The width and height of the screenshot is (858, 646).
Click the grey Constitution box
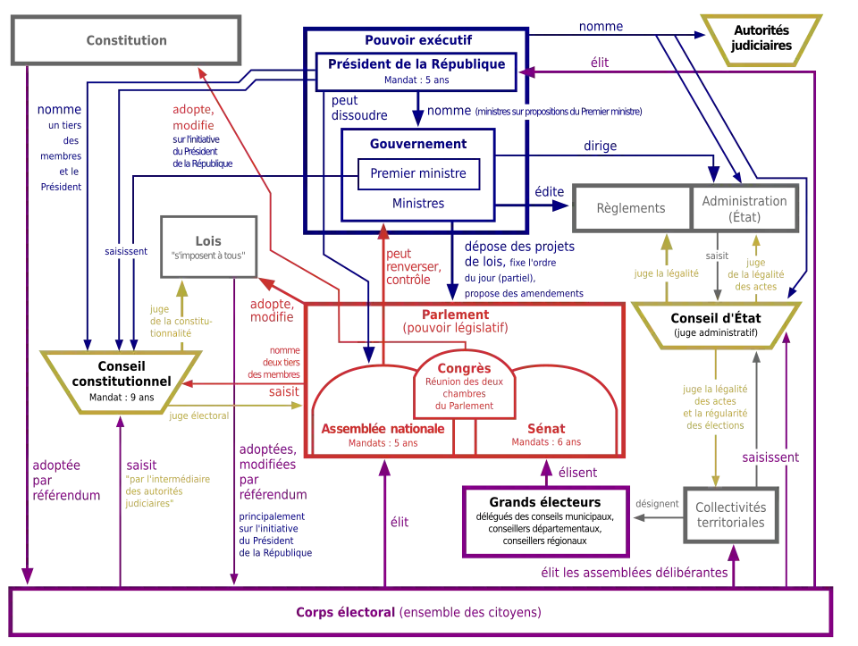(130, 41)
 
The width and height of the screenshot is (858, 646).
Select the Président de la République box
(418, 71)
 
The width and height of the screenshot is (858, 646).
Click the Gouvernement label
(418, 143)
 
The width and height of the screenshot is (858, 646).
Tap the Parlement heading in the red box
(467, 316)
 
